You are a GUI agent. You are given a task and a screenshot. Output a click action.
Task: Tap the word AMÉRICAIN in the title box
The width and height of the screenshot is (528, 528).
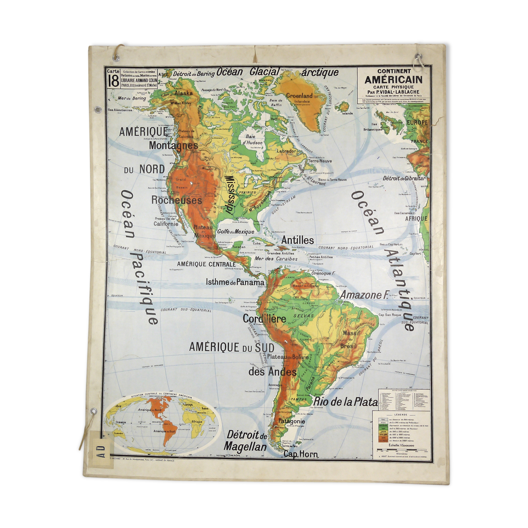393,80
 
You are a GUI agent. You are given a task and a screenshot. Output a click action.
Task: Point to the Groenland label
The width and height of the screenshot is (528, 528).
299,96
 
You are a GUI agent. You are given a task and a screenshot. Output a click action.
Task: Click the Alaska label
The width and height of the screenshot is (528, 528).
183,93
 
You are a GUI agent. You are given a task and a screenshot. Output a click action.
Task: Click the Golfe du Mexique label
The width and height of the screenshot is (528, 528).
236,232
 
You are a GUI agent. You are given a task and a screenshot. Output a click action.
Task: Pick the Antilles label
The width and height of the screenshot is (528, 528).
298,240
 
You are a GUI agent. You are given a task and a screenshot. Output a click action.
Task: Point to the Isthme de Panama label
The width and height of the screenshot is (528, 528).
235,282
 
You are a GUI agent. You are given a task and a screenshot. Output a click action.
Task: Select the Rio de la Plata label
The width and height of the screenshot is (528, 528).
345,402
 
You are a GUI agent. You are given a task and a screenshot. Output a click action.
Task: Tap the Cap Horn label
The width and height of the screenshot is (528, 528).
300,454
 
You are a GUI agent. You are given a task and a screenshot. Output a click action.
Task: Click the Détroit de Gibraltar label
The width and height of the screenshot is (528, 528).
404,178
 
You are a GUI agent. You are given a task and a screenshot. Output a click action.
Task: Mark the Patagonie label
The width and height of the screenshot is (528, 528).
291,421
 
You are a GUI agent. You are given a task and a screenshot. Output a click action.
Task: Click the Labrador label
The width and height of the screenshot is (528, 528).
286,151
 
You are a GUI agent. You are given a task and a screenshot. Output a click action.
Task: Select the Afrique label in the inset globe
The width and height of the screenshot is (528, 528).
197,421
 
